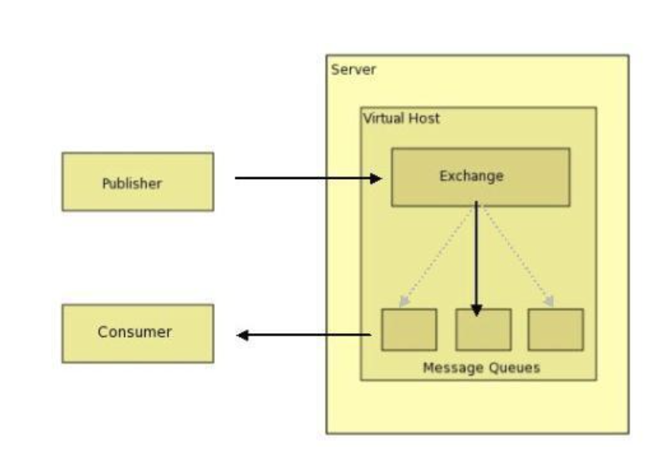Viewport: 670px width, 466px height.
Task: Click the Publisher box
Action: click(x=138, y=182)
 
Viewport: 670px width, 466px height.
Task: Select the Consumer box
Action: click(x=138, y=333)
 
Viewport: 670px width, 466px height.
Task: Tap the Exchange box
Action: click(x=480, y=177)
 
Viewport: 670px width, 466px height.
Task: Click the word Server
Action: click(x=353, y=69)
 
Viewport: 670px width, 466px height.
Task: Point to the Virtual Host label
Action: click(x=401, y=118)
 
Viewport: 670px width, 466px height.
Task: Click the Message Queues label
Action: click(x=481, y=368)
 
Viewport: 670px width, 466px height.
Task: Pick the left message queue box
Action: click(x=408, y=329)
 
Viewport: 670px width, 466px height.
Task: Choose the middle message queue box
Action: click(x=483, y=329)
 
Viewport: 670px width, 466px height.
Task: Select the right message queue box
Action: click(x=555, y=329)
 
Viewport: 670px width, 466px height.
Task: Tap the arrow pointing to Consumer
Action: click(x=306, y=335)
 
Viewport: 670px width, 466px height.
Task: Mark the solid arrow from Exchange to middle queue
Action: click(x=477, y=254)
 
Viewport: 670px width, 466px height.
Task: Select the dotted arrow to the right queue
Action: click(x=515, y=254)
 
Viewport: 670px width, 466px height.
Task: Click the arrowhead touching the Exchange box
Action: click(x=378, y=178)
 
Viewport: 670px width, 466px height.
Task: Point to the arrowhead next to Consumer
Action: click(x=243, y=335)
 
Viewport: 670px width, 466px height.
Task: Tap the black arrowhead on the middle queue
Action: click(x=477, y=311)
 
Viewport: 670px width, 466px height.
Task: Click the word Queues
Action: click(x=513, y=368)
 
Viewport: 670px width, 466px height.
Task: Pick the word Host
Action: click(x=423, y=118)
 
